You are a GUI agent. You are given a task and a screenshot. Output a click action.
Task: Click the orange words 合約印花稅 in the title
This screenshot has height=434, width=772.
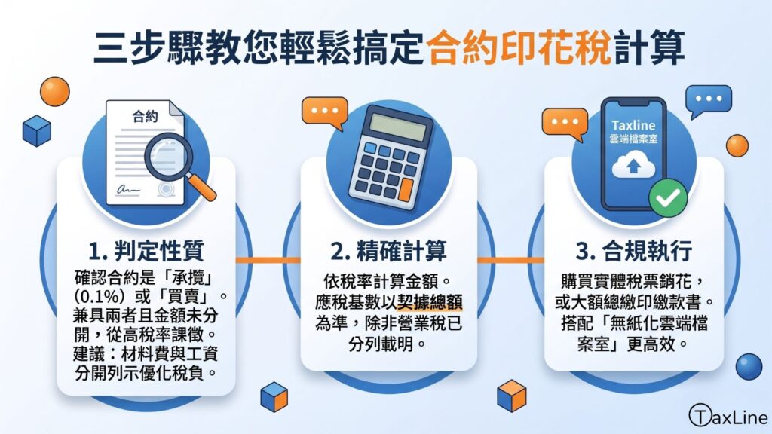[x=519, y=48]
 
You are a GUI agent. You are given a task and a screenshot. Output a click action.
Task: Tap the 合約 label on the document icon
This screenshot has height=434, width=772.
[x=146, y=116]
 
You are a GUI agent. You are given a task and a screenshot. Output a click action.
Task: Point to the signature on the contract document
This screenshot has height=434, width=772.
[x=128, y=189]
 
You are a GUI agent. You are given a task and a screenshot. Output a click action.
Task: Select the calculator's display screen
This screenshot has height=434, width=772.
[x=398, y=127]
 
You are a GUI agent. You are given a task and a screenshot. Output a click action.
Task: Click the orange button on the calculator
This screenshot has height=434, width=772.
[x=406, y=189]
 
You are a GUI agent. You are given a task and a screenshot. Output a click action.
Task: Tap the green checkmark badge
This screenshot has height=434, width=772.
[x=668, y=198]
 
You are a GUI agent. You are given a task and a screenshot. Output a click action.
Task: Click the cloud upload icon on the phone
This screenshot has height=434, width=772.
[x=633, y=165]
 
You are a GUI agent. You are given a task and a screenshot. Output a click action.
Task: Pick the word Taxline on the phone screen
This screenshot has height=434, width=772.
[x=633, y=126]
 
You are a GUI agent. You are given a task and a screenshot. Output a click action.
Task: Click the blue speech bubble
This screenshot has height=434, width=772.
[x=708, y=100]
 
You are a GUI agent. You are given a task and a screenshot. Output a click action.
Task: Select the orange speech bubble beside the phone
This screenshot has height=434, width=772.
[x=565, y=124]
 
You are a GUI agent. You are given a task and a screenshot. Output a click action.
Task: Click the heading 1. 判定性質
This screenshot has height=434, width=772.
[x=146, y=251]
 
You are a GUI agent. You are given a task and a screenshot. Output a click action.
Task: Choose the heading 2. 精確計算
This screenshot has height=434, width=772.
[x=388, y=251]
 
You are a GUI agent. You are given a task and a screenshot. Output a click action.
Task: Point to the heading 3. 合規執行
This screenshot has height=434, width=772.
[x=633, y=251]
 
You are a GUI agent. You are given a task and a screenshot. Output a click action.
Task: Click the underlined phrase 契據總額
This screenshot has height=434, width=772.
[x=429, y=301]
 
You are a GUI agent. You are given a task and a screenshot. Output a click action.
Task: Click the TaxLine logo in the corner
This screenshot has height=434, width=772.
[x=728, y=417]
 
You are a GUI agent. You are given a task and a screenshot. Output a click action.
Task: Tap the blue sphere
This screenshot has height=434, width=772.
[x=749, y=367]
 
